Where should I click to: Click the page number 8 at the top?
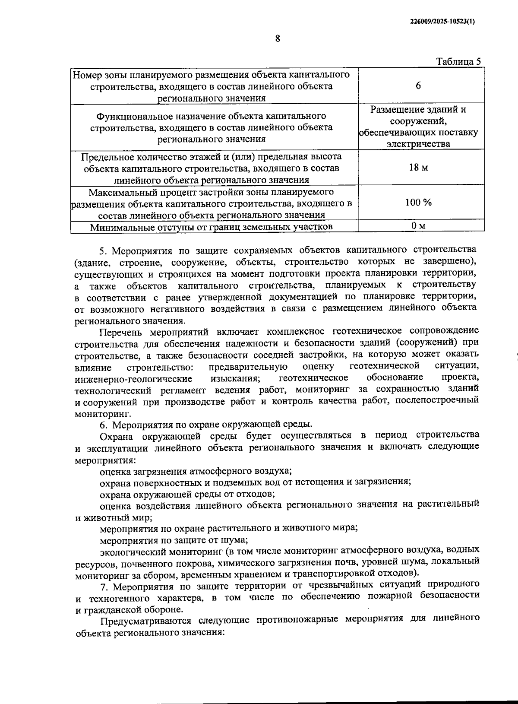278,38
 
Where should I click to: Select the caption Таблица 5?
458,61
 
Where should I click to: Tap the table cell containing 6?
418,86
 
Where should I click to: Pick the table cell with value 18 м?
418,167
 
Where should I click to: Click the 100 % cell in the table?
418,202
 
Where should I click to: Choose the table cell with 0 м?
418,225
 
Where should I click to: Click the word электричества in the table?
418,144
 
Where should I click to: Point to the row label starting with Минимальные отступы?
212,227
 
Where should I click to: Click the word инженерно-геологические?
134,379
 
